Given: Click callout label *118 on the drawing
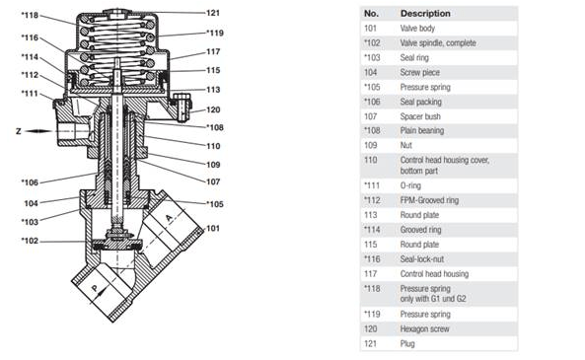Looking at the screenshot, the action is [x=30, y=16].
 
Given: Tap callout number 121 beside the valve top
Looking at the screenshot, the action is [x=213, y=13].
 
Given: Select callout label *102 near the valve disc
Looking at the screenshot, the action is [x=30, y=241].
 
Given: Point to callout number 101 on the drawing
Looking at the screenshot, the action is [x=213, y=228].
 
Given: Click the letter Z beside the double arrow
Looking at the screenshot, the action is [x=19, y=131].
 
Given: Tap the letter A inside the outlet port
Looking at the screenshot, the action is [x=170, y=218].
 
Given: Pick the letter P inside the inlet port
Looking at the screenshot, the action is [x=95, y=288].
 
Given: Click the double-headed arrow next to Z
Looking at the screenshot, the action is [x=38, y=131].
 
